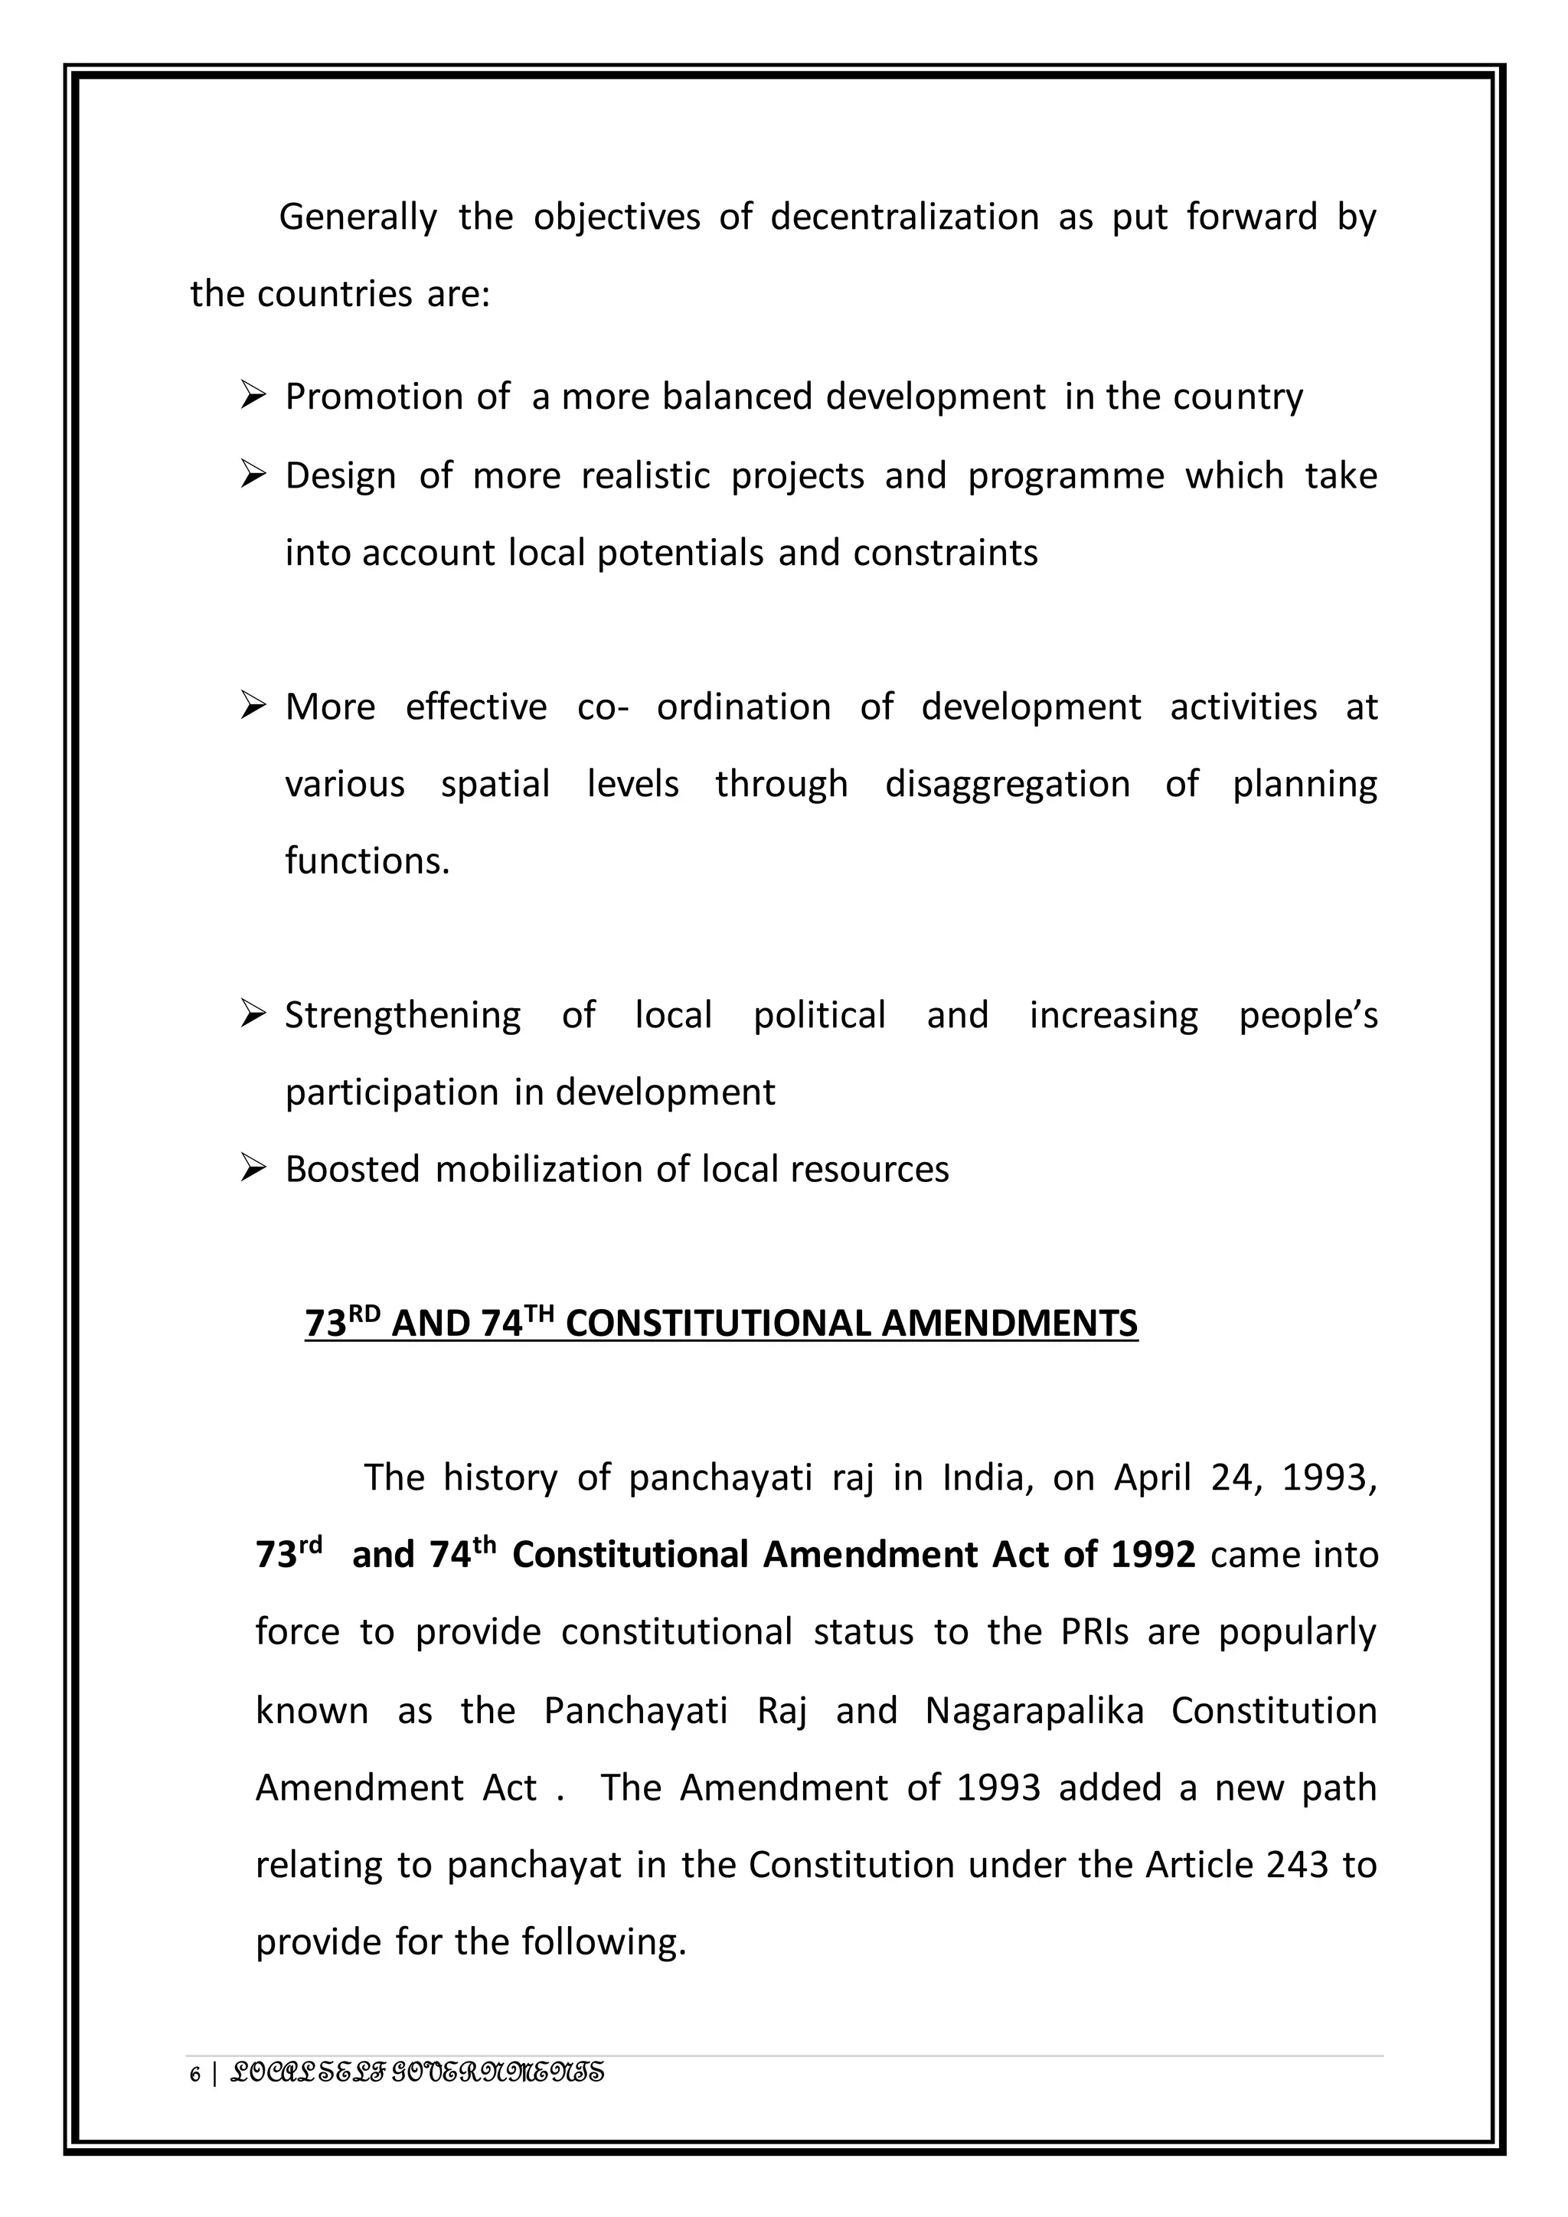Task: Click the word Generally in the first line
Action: click(358, 218)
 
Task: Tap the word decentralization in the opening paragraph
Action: click(903, 217)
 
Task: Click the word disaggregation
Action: click(1007, 784)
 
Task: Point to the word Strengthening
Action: click(402, 1016)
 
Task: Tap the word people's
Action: click(1308, 1016)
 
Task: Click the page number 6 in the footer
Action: click(196, 2074)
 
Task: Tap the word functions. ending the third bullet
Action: click(367, 861)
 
